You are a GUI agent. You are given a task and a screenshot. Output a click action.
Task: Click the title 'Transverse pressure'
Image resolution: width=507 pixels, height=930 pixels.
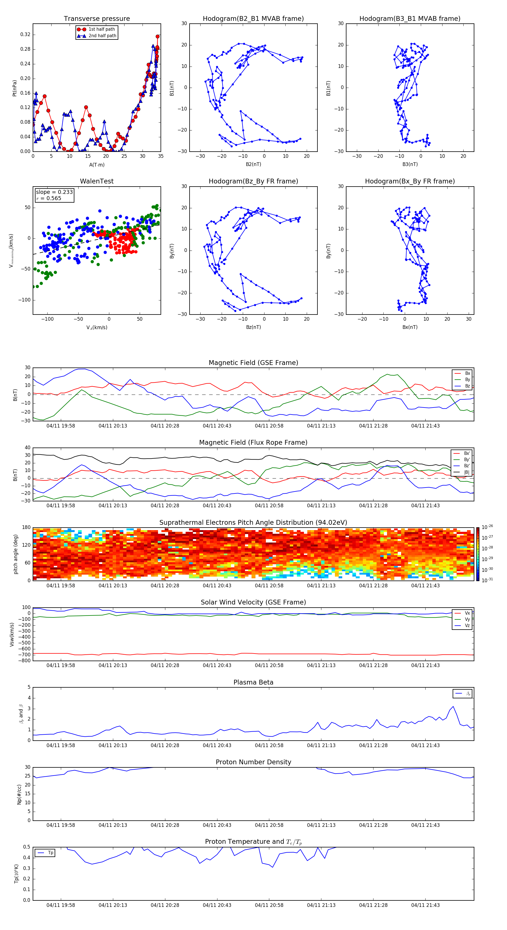coord(97,19)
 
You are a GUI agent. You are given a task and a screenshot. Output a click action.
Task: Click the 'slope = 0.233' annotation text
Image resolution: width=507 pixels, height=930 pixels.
coord(54,192)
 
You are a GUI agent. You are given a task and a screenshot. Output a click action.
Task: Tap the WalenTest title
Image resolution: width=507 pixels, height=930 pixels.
coord(97,181)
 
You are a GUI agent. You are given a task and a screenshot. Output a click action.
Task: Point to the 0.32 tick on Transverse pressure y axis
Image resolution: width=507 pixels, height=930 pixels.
coord(25,35)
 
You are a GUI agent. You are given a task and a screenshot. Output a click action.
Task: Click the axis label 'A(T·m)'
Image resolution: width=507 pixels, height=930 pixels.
coord(97,165)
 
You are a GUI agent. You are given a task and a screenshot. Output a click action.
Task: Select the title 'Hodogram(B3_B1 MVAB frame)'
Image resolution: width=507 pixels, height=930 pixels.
coord(410,19)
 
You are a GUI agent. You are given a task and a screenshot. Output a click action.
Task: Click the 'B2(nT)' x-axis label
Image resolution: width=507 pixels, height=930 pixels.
coord(253,164)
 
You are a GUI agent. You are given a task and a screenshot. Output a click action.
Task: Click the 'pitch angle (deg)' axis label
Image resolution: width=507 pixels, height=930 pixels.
coord(15,554)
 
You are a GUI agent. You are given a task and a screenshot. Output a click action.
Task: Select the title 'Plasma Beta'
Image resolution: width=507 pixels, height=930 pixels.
coord(253,682)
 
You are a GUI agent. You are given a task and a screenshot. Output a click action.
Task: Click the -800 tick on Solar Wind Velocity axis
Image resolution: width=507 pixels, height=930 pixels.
coord(25,661)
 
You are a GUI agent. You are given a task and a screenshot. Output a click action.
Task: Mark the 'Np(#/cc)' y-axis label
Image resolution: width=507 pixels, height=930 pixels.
coord(19,794)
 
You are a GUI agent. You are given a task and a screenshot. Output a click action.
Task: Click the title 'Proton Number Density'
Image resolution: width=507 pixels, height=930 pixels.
coord(253,762)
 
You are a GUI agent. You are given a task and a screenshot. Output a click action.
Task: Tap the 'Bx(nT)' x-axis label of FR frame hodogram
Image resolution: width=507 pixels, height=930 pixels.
coord(410,327)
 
